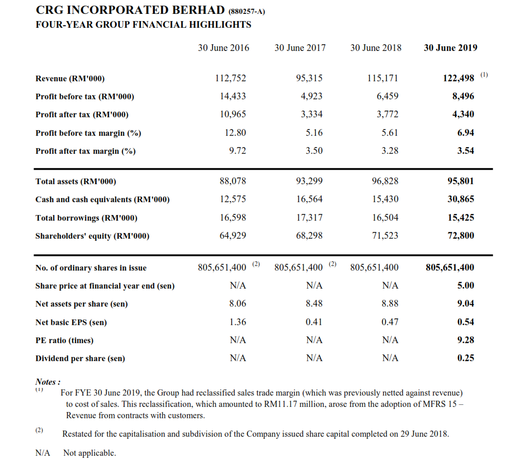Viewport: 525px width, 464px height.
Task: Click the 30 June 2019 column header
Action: click(x=450, y=48)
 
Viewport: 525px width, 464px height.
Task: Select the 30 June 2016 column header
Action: click(x=223, y=48)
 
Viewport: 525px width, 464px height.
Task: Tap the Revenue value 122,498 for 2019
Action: click(x=459, y=78)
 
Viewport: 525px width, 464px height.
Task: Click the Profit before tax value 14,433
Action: click(x=233, y=96)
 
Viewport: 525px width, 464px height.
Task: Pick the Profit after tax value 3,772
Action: click(x=388, y=114)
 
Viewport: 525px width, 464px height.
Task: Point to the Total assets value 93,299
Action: click(x=309, y=181)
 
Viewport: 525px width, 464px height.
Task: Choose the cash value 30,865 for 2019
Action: click(x=461, y=199)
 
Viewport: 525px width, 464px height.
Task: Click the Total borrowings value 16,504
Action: click(x=386, y=218)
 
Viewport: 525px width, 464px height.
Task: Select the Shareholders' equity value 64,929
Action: click(x=233, y=236)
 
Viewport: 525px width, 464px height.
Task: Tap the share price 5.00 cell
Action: click(x=466, y=285)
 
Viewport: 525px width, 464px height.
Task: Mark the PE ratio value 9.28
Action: click(x=466, y=340)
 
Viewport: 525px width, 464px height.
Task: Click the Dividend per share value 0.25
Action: click(x=466, y=358)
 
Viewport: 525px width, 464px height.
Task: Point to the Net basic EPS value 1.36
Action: click(x=238, y=322)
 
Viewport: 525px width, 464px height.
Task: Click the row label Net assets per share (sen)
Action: click(x=82, y=304)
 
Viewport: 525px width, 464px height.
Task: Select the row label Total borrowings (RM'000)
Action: click(x=86, y=218)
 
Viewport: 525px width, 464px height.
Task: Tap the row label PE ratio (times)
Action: click(x=65, y=340)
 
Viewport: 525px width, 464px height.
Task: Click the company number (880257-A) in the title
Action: click(x=247, y=12)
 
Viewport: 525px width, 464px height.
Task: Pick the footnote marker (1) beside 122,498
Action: click(x=484, y=75)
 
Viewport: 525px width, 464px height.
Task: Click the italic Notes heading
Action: click(x=48, y=382)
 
